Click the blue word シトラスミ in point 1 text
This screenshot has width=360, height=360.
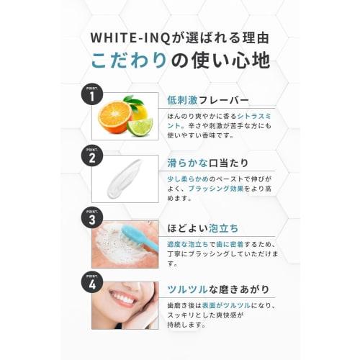[x=252, y=115]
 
